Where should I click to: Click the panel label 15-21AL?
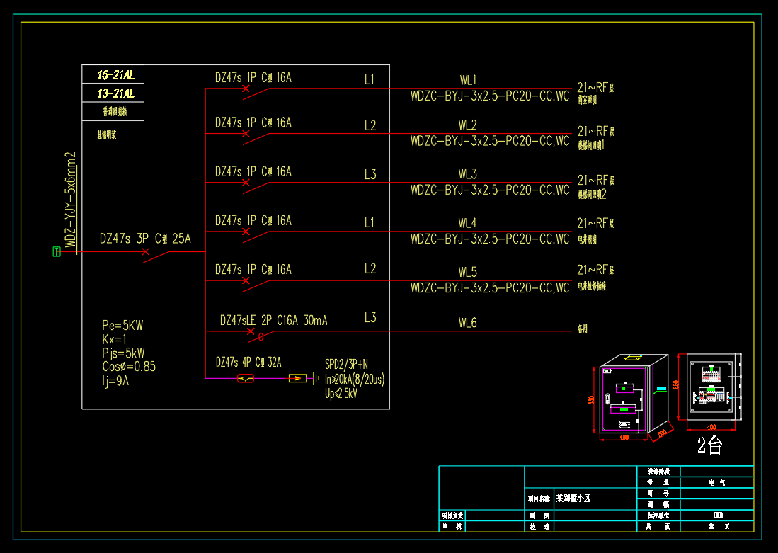tap(115, 75)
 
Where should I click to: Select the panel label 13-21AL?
tap(115, 93)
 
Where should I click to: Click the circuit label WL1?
tap(468, 80)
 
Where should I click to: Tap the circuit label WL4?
tap(468, 224)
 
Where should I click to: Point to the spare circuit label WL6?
tap(468, 324)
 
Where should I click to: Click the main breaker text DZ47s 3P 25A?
tap(145, 239)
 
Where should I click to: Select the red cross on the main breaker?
tap(146, 251)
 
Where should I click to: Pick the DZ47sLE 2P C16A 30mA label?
tap(273, 321)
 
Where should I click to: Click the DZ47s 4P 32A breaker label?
tap(248, 363)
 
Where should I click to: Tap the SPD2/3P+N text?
tap(346, 365)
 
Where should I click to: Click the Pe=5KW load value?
tap(122, 326)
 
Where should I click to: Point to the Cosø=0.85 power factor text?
tap(129, 367)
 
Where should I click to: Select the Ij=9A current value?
tap(115, 381)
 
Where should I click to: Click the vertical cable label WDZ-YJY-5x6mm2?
tap(70, 199)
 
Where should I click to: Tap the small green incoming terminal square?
tap(57, 251)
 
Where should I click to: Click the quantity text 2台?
tap(709, 445)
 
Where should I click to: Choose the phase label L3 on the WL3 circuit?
tap(370, 175)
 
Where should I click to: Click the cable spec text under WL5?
tap(490, 288)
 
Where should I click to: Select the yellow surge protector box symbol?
tap(297, 379)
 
